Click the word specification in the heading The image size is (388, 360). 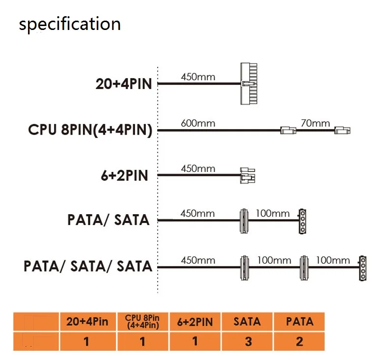(x=69, y=24)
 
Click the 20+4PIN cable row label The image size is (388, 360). (x=124, y=83)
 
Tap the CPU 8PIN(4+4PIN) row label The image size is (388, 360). (x=90, y=130)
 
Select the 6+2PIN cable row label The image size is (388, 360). (x=124, y=175)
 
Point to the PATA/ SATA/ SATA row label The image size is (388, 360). (x=88, y=266)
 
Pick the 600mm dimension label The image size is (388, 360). (x=198, y=123)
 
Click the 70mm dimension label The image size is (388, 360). (x=315, y=123)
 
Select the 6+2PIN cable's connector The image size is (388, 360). (x=248, y=175)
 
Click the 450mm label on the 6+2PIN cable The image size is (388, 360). (x=198, y=168)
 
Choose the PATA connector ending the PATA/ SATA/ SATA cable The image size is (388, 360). (x=363, y=268)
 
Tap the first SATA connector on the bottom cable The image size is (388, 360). (x=243, y=268)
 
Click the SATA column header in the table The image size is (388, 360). (x=248, y=322)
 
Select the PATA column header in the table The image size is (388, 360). (x=299, y=322)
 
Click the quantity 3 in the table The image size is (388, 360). (x=248, y=341)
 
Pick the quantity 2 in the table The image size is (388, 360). (x=299, y=341)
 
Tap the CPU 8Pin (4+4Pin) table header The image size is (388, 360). (x=142, y=322)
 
